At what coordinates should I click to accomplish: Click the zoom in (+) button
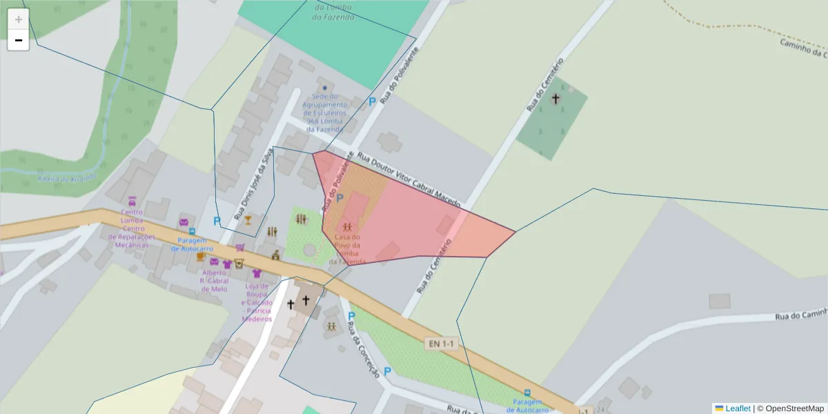point(19,19)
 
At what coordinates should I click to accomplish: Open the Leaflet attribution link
point(738,408)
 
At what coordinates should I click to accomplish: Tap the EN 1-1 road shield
point(442,344)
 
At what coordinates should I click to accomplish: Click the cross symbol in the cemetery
point(555,99)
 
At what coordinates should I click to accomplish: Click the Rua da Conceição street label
point(363,349)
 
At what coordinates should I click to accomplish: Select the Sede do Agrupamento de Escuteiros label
point(325,112)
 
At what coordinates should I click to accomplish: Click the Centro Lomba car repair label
point(132,229)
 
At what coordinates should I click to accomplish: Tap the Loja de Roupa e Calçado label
point(257,302)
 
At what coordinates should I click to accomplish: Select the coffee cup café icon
point(201,257)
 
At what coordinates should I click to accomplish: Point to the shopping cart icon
point(239,247)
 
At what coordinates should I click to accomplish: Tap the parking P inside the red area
point(339,198)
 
